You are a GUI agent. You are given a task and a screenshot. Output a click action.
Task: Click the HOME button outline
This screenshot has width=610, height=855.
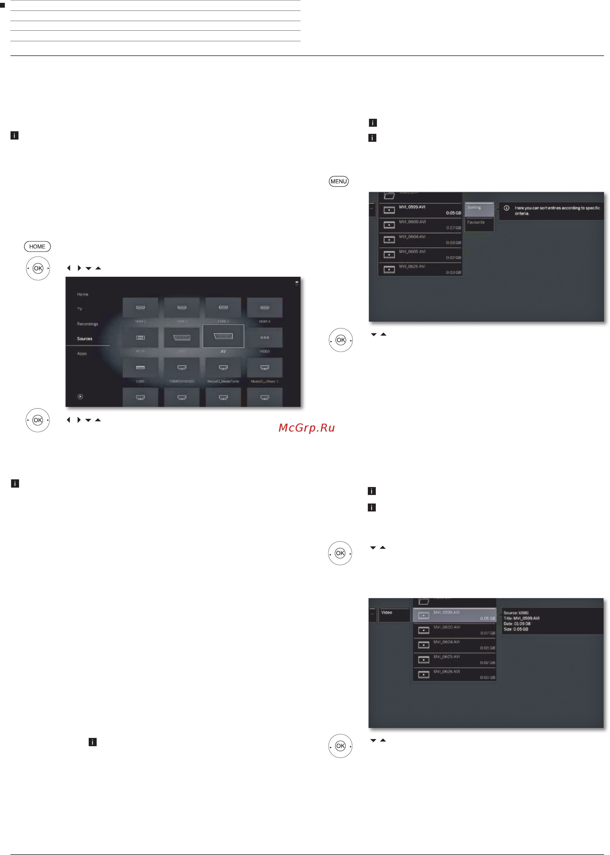(37, 246)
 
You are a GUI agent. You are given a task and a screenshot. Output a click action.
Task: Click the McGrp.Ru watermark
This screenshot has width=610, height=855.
(306, 428)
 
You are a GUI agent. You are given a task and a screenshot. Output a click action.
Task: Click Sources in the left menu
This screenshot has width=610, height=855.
(84, 339)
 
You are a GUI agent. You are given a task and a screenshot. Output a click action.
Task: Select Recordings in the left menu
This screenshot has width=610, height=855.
(87, 324)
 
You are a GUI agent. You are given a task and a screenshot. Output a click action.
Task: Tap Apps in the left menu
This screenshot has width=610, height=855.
(82, 353)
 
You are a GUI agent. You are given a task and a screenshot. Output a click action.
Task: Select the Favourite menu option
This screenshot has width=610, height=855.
(479, 223)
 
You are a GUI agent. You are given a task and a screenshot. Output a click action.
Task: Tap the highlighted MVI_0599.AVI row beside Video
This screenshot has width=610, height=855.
(454, 615)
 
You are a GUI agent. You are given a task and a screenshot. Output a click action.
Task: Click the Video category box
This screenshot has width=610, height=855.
(394, 615)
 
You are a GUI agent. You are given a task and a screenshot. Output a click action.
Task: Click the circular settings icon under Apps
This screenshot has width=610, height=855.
(80, 396)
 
